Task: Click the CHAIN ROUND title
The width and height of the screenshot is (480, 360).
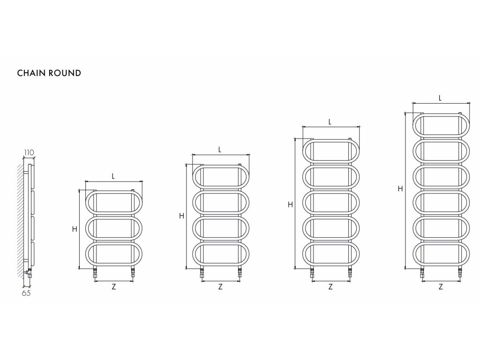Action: point(49,73)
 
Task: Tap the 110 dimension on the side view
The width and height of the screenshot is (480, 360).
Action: point(29,152)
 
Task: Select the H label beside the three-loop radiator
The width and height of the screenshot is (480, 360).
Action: point(74,229)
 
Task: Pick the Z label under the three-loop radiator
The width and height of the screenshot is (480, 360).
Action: point(114,287)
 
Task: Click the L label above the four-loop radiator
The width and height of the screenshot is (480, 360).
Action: point(220,150)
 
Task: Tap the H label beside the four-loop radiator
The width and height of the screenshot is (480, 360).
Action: point(181,216)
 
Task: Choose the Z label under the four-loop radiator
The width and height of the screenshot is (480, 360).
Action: point(220,287)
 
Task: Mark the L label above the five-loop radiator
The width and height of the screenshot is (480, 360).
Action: point(330,121)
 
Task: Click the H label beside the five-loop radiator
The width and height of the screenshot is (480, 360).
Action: point(291,204)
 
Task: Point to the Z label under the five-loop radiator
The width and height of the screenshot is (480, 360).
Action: point(330,287)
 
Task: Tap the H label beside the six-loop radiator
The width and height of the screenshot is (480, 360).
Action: point(400,189)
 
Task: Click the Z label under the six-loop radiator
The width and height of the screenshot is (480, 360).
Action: point(441,287)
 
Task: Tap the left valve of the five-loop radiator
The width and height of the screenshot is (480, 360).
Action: point(312,273)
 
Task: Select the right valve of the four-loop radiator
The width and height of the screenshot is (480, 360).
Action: point(240,273)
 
